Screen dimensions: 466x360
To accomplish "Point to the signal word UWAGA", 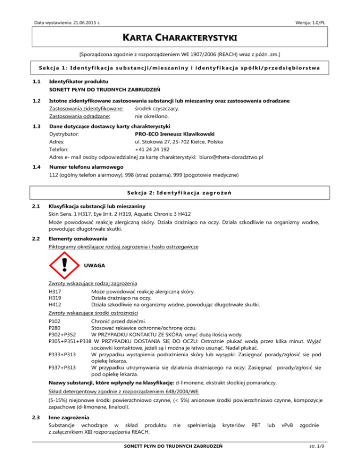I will coord(94,265).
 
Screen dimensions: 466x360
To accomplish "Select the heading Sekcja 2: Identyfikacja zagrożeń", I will coord(180,193).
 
